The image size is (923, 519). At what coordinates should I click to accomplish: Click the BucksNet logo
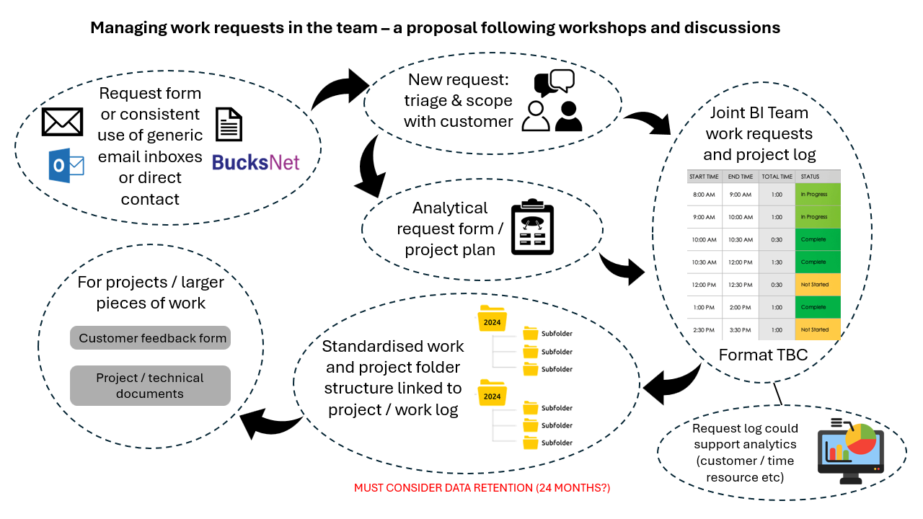click(256, 162)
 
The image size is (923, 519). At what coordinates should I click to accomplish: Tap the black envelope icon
click(63, 122)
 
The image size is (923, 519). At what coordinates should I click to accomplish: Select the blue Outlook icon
click(66, 167)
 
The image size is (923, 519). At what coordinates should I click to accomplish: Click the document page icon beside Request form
click(229, 124)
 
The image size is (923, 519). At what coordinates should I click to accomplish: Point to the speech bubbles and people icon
click(553, 101)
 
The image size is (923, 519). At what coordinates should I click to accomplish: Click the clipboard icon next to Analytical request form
click(532, 227)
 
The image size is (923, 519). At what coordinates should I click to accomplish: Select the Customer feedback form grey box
click(151, 338)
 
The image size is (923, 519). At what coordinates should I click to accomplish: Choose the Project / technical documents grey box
click(151, 386)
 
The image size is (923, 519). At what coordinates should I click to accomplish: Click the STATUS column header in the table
click(818, 177)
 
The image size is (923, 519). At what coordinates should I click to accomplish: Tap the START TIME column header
click(705, 177)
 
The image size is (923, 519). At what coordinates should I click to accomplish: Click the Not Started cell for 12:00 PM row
click(818, 285)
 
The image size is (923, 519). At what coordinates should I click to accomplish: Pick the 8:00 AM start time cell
click(705, 195)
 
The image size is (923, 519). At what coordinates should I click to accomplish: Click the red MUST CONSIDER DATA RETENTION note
click(482, 488)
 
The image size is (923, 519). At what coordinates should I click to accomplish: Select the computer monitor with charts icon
click(850, 451)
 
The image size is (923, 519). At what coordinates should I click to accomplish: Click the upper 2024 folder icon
click(493, 318)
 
